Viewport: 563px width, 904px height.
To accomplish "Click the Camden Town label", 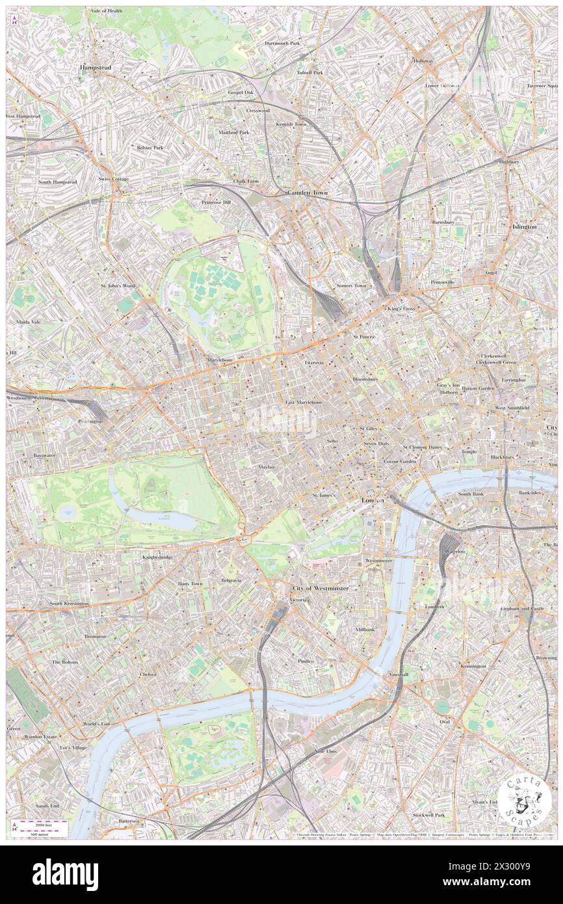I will pyautogui.click(x=308, y=193).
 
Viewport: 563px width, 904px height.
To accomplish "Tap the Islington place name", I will pyautogui.click(x=524, y=226).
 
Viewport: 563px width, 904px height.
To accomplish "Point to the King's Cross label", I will pyautogui.click(x=401, y=308).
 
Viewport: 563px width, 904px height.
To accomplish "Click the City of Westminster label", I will pyautogui.click(x=320, y=588).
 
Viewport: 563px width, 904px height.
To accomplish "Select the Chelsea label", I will pyautogui.click(x=148, y=674).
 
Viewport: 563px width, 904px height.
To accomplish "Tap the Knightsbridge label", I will pyautogui.click(x=157, y=557).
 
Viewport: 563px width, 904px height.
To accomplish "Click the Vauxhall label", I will pyautogui.click(x=399, y=674).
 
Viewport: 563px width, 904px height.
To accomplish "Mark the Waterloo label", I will pyautogui.click(x=454, y=551).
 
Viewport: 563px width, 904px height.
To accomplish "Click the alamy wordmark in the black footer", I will pyautogui.click(x=65, y=875).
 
